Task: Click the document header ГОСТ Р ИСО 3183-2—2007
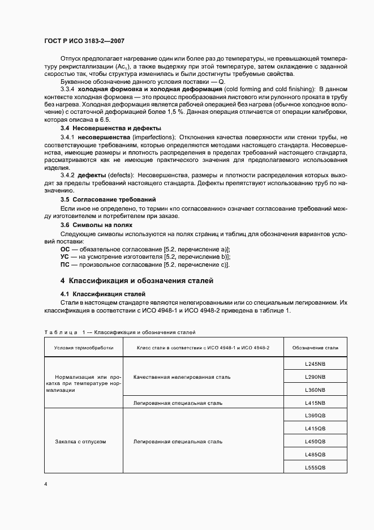click(84, 41)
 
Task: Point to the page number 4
click(46, 484)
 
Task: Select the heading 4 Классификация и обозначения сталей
click(136, 281)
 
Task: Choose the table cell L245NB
click(315, 364)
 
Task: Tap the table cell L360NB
click(315, 390)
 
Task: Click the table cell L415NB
click(315, 403)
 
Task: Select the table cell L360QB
click(315, 416)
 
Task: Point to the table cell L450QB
click(315, 441)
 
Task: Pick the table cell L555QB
click(315, 467)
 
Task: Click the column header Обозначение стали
click(315, 348)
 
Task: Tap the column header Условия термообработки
click(84, 348)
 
